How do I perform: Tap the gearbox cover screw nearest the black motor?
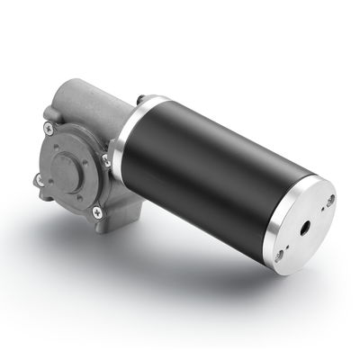coord(105,160)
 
